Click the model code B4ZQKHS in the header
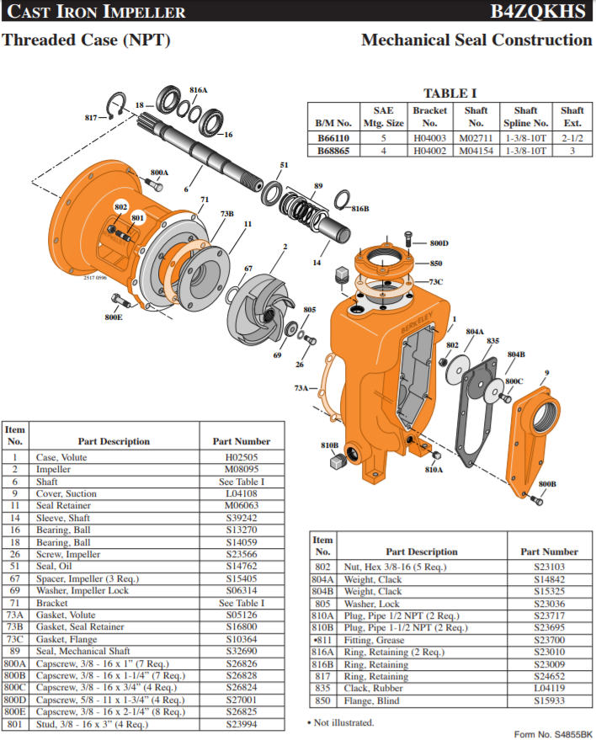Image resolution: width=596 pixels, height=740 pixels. [x=537, y=11]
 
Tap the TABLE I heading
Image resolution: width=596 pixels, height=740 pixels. [x=450, y=93]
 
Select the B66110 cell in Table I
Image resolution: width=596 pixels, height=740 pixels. [x=333, y=138]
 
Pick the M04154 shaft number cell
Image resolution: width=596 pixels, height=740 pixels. [x=476, y=151]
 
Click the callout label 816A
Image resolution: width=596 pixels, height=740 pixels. [x=198, y=90]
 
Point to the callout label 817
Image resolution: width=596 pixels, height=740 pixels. [x=91, y=118]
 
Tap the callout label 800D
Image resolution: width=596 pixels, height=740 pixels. [x=439, y=243]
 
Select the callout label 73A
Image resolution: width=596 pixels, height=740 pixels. [x=301, y=388]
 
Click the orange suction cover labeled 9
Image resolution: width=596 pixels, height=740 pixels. [x=532, y=439]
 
